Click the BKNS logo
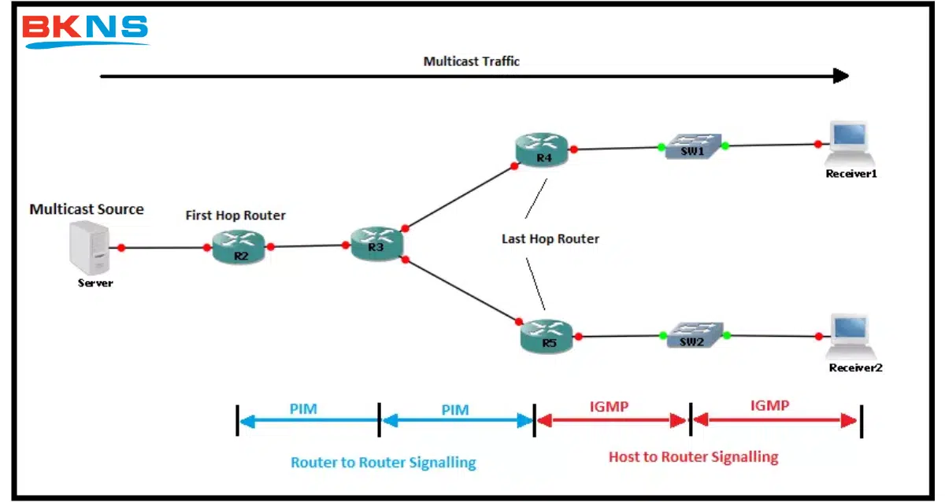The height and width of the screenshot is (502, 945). [85, 31]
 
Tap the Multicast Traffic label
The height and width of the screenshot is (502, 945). [471, 61]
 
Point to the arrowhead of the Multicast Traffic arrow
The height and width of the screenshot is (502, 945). [841, 76]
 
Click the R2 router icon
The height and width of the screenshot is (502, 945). [239, 245]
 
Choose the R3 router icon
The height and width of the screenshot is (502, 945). [376, 243]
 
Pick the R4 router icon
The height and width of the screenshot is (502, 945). [543, 149]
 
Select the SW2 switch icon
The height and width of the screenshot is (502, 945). [694, 335]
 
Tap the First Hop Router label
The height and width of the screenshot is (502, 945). [235, 215]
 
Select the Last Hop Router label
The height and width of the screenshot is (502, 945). [550, 238]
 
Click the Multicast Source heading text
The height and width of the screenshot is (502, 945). [87, 209]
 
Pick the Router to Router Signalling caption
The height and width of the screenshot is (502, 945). [383, 462]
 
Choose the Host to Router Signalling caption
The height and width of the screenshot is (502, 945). [693, 456]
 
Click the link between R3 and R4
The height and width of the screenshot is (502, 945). [459, 197]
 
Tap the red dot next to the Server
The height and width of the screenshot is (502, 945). [121, 248]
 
